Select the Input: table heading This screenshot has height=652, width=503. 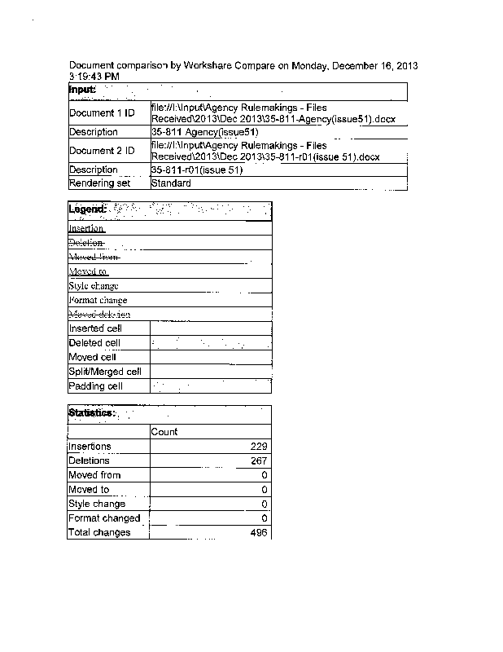83,89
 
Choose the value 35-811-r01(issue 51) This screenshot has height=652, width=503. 197,170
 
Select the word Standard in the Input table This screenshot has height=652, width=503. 172,183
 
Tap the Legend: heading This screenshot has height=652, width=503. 87,209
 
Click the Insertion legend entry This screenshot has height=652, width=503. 86,229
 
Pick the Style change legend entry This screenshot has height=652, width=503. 94,286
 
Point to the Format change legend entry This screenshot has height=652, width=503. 98,300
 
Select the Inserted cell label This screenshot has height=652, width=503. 95,328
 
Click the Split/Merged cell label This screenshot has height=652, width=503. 105,372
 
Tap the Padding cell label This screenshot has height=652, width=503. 96,386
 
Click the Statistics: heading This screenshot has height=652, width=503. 91,413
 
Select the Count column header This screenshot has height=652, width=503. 164,432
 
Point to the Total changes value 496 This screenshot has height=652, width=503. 260,533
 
